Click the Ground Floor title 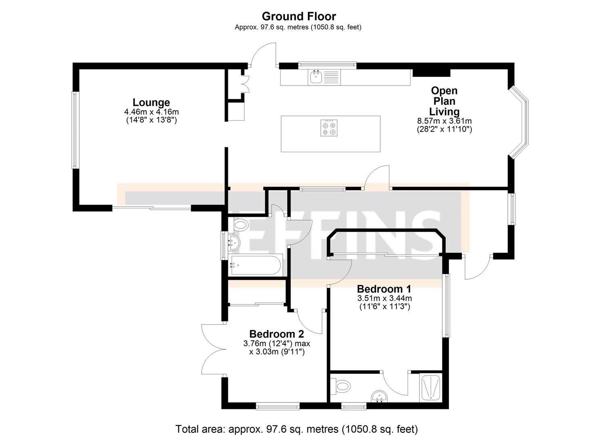click(x=299, y=17)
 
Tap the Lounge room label click(x=151, y=103)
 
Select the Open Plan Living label click(x=444, y=101)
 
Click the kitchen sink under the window click(x=316, y=77)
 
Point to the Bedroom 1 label click(x=384, y=289)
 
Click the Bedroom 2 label click(x=276, y=334)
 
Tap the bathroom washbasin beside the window click(x=234, y=243)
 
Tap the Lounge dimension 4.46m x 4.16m click(x=151, y=112)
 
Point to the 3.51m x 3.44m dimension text click(x=384, y=298)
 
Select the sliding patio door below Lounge click(x=152, y=208)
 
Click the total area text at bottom click(x=297, y=429)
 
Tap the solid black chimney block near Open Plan click(x=431, y=72)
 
